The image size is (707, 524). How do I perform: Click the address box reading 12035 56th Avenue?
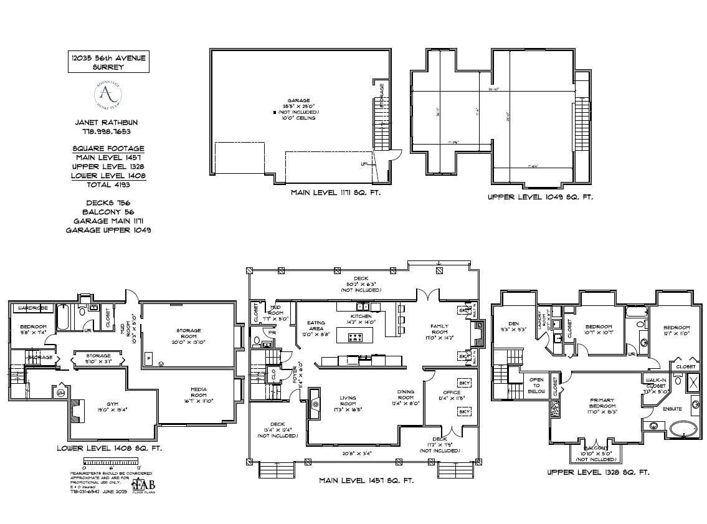pyautogui.click(x=108, y=62)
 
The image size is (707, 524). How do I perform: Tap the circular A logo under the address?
pyautogui.click(x=108, y=95)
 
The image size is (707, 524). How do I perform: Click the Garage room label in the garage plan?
pyautogui.click(x=298, y=100)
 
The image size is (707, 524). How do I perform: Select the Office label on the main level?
pyautogui.click(x=451, y=393)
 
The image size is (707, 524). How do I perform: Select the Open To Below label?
pyautogui.click(x=536, y=384)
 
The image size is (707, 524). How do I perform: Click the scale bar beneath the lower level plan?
pyautogui.click(x=111, y=462)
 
